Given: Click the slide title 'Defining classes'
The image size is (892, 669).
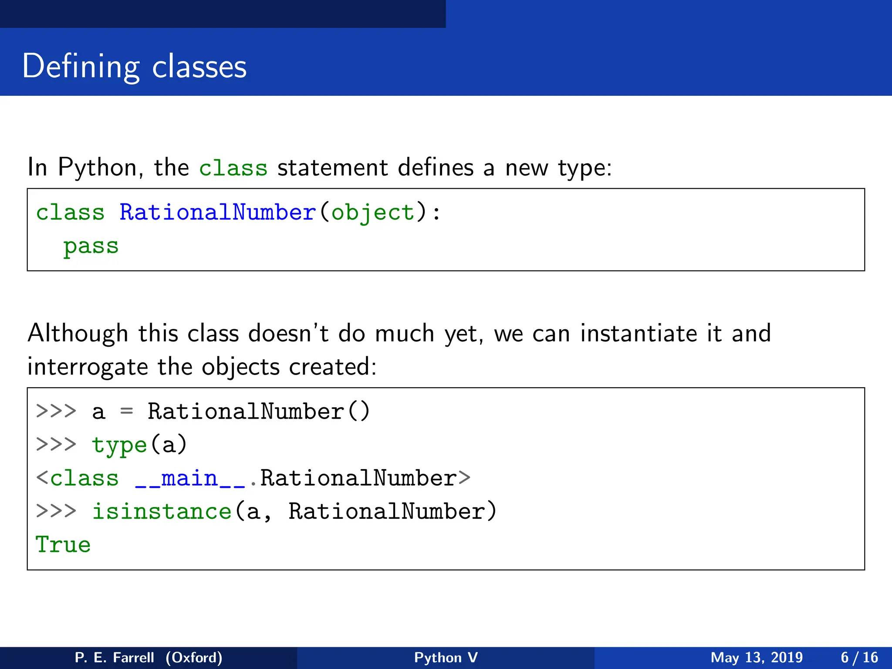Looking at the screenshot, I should click(x=134, y=66).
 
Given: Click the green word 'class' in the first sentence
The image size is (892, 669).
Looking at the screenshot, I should click(x=233, y=168).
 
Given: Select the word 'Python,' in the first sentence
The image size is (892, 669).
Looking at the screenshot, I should click(x=101, y=168).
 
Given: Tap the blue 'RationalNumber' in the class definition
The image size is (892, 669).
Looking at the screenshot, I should click(x=217, y=213).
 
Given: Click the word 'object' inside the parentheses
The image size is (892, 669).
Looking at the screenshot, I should click(x=373, y=213).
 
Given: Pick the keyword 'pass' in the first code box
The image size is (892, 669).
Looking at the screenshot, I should click(x=91, y=247).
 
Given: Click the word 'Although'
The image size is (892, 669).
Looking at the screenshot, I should click(x=78, y=334).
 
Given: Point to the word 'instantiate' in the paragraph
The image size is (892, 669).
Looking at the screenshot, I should click(x=639, y=334).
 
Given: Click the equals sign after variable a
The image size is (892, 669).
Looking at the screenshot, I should click(x=126, y=411).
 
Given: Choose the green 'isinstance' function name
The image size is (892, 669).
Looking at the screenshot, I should click(x=162, y=512).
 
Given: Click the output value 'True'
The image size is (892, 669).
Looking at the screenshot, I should click(x=63, y=545).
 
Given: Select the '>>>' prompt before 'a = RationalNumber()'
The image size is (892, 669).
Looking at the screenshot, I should click(x=56, y=411).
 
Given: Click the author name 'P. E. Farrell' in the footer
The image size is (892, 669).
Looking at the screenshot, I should click(x=114, y=657).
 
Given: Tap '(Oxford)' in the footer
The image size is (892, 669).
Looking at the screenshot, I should click(x=194, y=657).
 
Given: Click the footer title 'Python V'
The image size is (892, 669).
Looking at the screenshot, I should click(x=446, y=657).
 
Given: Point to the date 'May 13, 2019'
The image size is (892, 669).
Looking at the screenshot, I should click(x=757, y=657).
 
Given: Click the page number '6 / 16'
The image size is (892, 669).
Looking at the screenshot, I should click(x=859, y=657).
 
